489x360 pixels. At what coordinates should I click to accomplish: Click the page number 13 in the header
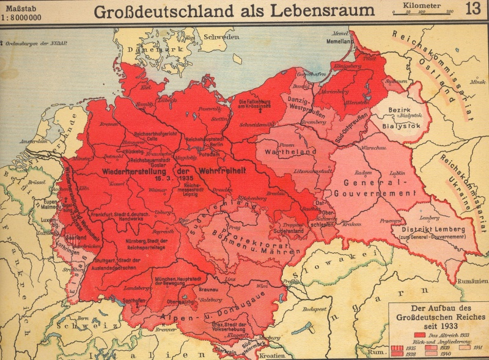point(472,9)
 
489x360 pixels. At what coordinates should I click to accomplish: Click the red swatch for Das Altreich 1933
point(420,335)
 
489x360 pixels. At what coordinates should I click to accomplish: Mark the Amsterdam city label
point(33,141)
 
